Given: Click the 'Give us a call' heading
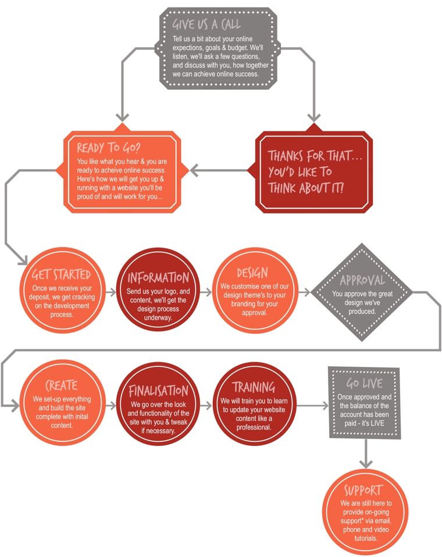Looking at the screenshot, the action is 206,24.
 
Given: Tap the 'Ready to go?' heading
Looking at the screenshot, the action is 109,147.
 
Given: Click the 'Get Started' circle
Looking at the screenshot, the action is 62,291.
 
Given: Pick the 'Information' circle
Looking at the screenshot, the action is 158,290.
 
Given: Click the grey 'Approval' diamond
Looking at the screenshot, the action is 362,292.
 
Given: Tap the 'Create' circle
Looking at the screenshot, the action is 62,402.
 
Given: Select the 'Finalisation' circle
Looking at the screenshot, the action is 158,405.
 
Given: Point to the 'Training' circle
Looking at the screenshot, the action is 254,405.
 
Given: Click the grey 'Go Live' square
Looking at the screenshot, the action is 364,403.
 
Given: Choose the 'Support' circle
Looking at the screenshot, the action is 366,512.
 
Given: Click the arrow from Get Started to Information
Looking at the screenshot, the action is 110,292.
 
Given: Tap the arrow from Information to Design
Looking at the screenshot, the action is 206,292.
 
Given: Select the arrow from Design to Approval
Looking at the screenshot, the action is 304,292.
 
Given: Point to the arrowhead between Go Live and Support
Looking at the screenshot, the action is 366,463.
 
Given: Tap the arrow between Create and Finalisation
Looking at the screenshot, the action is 110,405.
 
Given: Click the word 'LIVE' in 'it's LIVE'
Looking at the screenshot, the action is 377,423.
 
